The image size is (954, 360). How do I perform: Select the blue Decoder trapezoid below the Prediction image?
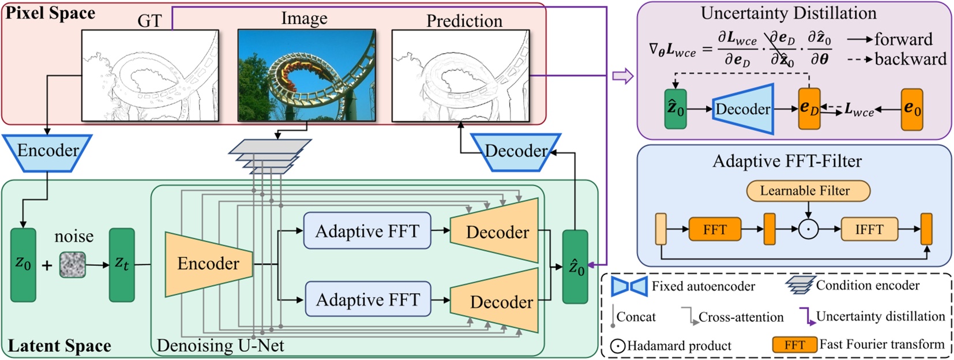click(x=515, y=152)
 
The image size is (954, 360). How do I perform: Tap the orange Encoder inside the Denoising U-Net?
click(x=208, y=264)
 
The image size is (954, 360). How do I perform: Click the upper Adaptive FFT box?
click(x=367, y=231)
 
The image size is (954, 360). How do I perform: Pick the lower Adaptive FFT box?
click(x=367, y=299)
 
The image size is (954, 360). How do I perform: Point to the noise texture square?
click(x=73, y=265)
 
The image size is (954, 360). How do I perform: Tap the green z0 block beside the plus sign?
click(x=23, y=265)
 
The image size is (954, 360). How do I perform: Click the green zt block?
click(x=122, y=265)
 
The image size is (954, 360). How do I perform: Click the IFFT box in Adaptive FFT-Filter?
click(x=869, y=230)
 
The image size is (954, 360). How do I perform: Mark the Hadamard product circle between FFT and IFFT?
click(x=807, y=230)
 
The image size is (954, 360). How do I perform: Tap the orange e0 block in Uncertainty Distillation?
click(x=911, y=108)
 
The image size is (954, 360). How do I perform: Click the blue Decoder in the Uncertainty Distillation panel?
click(x=743, y=108)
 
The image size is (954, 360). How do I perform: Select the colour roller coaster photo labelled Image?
click(x=306, y=76)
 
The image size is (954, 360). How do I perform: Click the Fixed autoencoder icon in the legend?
click(x=629, y=286)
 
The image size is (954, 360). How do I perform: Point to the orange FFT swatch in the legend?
click(x=794, y=345)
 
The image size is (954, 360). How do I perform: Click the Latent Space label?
click(x=59, y=346)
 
